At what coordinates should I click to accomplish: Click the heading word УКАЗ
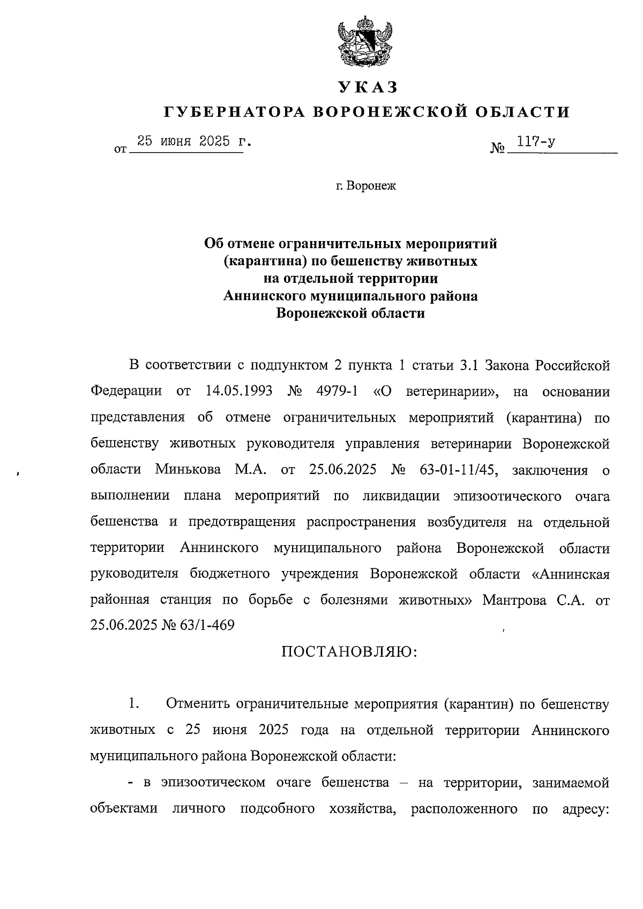(x=368, y=86)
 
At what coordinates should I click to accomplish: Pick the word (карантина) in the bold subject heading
(x=260, y=261)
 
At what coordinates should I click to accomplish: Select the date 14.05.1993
(x=239, y=391)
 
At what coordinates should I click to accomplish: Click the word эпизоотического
(x=507, y=496)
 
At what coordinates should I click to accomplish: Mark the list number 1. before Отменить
(x=134, y=704)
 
